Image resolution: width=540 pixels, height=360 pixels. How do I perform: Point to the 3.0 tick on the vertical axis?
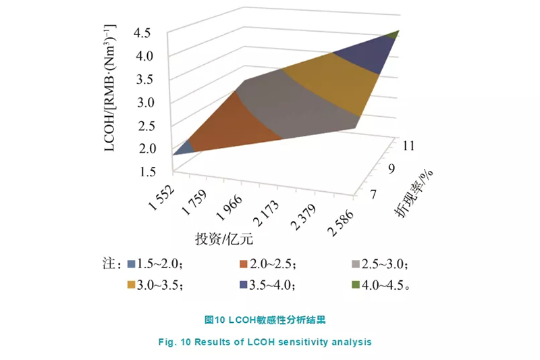coord(148,102)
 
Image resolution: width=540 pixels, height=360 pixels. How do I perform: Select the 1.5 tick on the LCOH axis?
coord(148,172)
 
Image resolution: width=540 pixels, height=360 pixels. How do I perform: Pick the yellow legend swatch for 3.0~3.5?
coord(132,284)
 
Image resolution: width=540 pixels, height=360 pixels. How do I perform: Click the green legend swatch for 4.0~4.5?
coord(358,284)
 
